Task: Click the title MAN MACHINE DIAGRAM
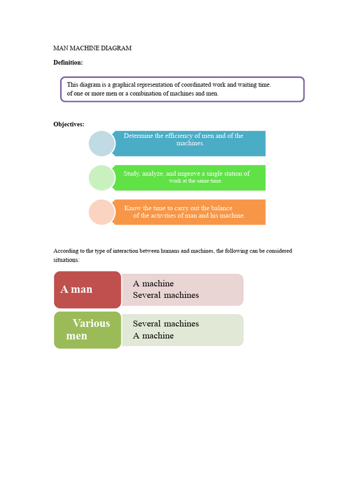point(92,48)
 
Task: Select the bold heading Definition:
point(68,62)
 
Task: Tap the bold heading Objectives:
point(69,124)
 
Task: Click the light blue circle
point(101,143)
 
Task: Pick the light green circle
point(101,178)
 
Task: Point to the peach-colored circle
point(101,212)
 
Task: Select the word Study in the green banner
point(132,173)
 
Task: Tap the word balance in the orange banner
point(221,208)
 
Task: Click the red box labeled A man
point(88,289)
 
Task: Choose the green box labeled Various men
point(88,330)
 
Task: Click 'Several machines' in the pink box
point(166,295)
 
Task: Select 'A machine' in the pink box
point(153,284)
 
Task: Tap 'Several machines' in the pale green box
point(166,324)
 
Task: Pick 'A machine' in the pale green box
point(153,336)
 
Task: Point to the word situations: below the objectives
point(67,259)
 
